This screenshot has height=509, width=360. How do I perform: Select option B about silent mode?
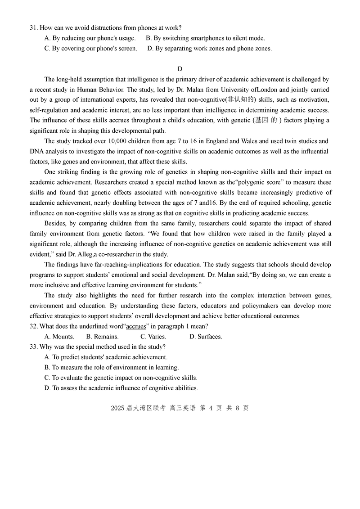coord(206,38)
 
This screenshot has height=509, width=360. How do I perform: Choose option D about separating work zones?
coord(209,49)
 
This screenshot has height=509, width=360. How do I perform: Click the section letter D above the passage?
coord(180,69)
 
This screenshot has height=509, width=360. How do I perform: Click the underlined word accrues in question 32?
coord(136,326)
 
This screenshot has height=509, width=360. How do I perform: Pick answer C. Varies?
coord(153,337)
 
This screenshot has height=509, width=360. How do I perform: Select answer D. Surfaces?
coord(206,337)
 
